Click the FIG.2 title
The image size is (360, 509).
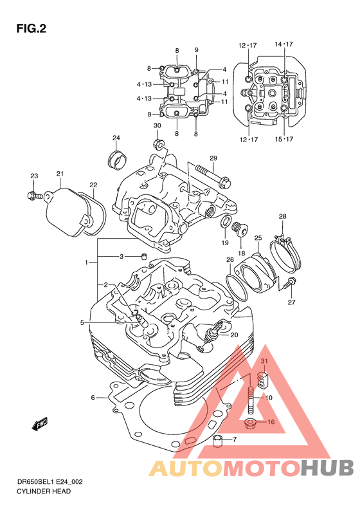(32, 28)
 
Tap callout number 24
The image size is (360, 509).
(116, 138)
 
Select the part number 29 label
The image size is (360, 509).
(213, 158)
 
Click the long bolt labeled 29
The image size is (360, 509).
(213, 176)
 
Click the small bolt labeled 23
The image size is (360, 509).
(35, 196)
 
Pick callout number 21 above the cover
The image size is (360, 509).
(60, 174)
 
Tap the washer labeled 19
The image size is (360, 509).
(226, 221)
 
